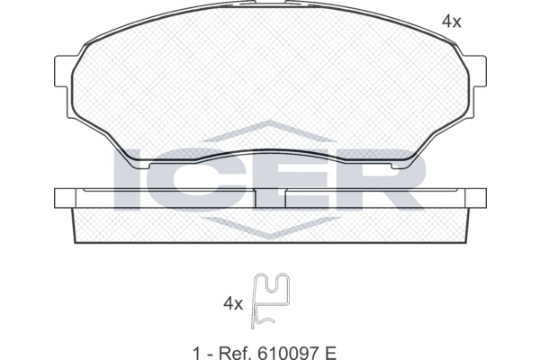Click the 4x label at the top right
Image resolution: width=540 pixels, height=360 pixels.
[x=450, y=22]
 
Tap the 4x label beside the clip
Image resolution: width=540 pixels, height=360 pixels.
[x=233, y=304]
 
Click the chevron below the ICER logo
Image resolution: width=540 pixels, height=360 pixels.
[x=270, y=229]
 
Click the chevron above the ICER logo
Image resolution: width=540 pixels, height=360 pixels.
[x=270, y=133]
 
